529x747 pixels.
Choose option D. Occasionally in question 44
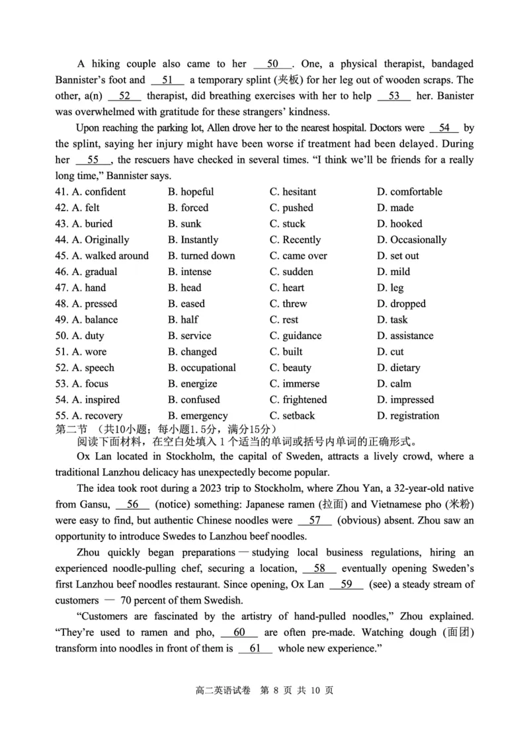pyautogui.click(x=411, y=240)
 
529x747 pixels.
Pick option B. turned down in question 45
pyautogui.click(x=201, y=256)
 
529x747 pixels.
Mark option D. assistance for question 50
pyautogui.click(x=405, y=336)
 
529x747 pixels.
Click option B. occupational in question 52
pyautogui.click(x=202, y=368)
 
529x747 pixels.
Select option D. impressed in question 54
pyautogui.click(x=405, y=399)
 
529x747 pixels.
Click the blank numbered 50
pyautogui.click(x=272, y=64)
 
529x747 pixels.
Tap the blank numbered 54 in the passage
pyautogui.click(x=444, y=128)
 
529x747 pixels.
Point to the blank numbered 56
pyautogui.click(x=133, y=504)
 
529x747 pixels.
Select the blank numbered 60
pyautogui.click(x=239, y=633)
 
